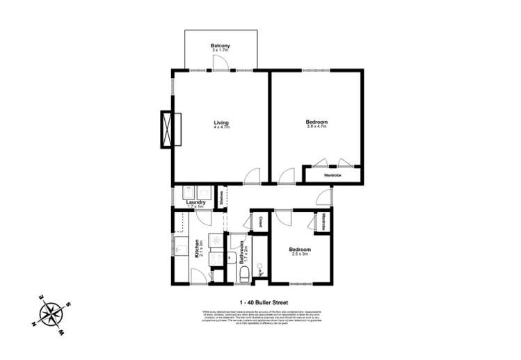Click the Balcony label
(221, 47)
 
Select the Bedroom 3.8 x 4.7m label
(316, 124)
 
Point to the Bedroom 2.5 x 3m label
(300, 251)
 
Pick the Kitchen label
(198, 249)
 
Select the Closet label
(259, 222)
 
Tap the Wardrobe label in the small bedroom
(324, 222)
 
